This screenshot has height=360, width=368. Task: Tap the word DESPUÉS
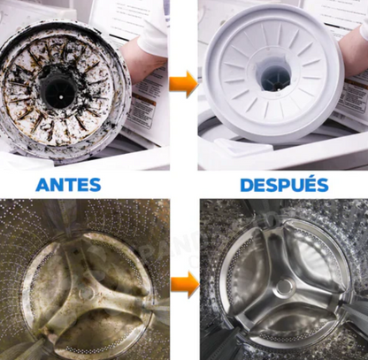click(x=284, y=186)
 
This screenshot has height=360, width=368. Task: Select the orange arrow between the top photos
click(x=183, y=86)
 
